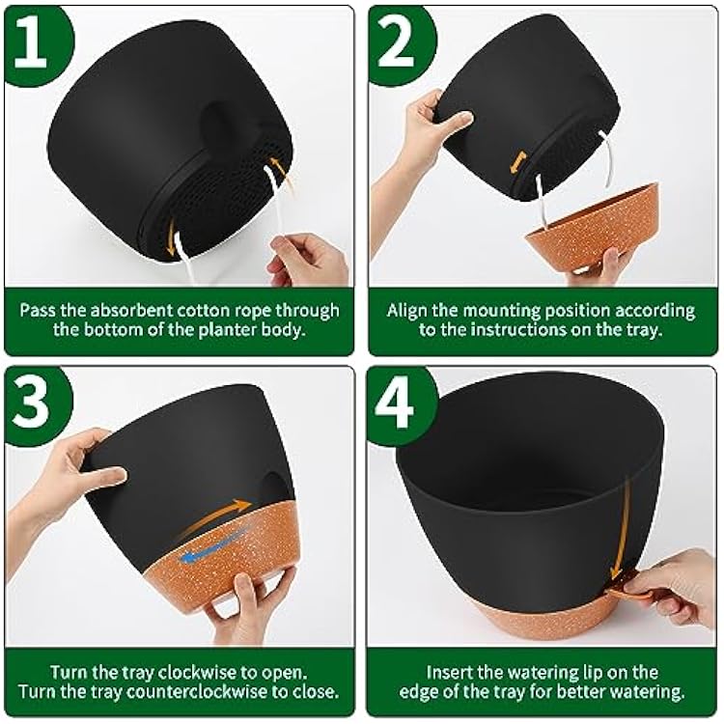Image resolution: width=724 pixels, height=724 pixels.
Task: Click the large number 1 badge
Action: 36,42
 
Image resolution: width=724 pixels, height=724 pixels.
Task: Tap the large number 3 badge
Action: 36,401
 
